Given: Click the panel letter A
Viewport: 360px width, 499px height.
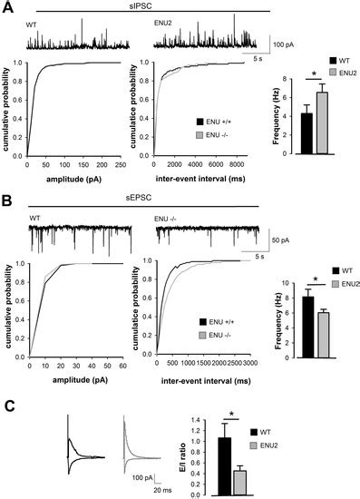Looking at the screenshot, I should pos(7,7).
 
